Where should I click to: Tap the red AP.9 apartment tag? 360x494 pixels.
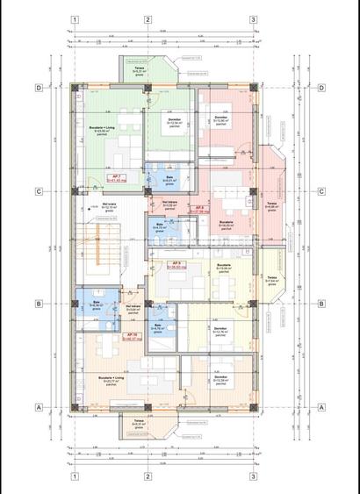pos(176,265)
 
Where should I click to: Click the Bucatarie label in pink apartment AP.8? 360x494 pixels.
pos(226,224)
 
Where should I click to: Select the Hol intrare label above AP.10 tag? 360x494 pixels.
pos(133,307)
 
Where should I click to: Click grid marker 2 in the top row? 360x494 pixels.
pos(148,19)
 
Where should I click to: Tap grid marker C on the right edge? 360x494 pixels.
pos(321,191)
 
